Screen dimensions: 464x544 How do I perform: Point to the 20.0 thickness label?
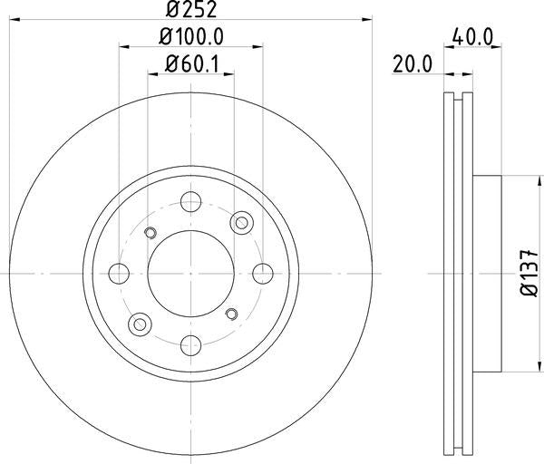click(412, 63)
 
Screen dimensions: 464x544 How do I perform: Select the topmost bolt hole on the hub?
click(191, 201)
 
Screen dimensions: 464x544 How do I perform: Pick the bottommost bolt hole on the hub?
click(191, 343)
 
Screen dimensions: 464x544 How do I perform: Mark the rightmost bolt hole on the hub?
click(263, 272)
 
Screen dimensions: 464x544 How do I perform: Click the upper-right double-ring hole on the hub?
click(242, 222)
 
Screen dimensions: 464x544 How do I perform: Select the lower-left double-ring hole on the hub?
click(141, 323)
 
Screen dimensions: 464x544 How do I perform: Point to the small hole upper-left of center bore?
click(151, 231)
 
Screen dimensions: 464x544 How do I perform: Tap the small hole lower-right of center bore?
click(231, 314)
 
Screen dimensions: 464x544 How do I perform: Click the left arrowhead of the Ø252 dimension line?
click(15, 17)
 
